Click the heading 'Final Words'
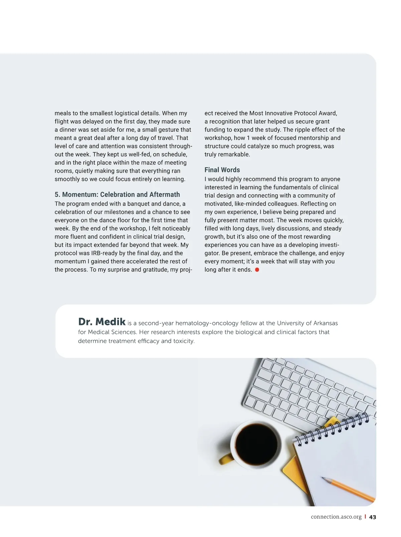pos(222,170)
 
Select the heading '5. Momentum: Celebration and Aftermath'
pos(117,195)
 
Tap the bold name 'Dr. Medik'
pos(102,322)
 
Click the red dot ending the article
pos(257,270)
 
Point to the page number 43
pos(373,517)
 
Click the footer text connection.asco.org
pos(336,517)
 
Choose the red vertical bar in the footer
pos(365,517)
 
